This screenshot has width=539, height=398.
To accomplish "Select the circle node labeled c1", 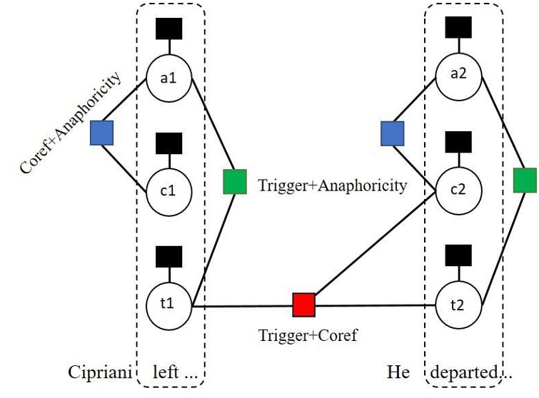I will [x=168, y=190].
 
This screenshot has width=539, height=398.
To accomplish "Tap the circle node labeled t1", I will [x=168, y=303].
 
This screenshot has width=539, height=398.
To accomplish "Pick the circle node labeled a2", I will [x=458, y=78].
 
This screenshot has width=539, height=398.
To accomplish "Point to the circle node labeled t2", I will [x=458, y=305].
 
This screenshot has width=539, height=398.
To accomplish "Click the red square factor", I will [x=303, y=305].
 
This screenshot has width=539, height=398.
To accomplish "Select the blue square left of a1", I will [x=102, y=133].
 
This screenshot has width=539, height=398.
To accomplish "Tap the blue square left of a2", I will [x=392, y=133].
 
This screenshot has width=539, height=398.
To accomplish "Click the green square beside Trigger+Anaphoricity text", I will [x=235, y=181].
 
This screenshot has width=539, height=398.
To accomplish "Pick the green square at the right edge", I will [x=525, y=181].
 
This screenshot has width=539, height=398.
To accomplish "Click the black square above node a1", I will [x=168, y=28].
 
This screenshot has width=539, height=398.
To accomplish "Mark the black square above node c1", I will [x=168, y=143].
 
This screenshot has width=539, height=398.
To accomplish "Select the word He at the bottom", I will [x=398, y=373].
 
